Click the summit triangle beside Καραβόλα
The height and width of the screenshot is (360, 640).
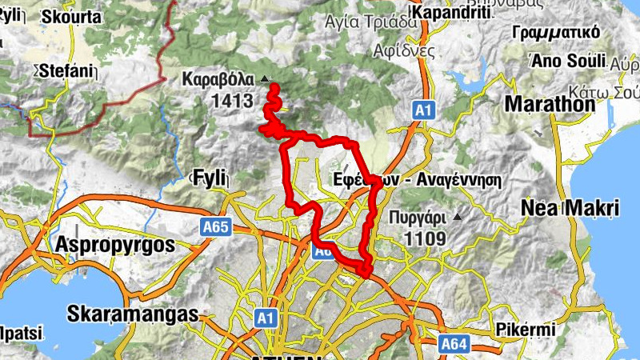265,78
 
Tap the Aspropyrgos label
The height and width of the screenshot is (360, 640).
115,245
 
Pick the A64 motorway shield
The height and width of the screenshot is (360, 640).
454,344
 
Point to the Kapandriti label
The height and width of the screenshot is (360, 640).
454,15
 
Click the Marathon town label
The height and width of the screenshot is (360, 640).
550,104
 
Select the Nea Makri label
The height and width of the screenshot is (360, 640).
570,209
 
